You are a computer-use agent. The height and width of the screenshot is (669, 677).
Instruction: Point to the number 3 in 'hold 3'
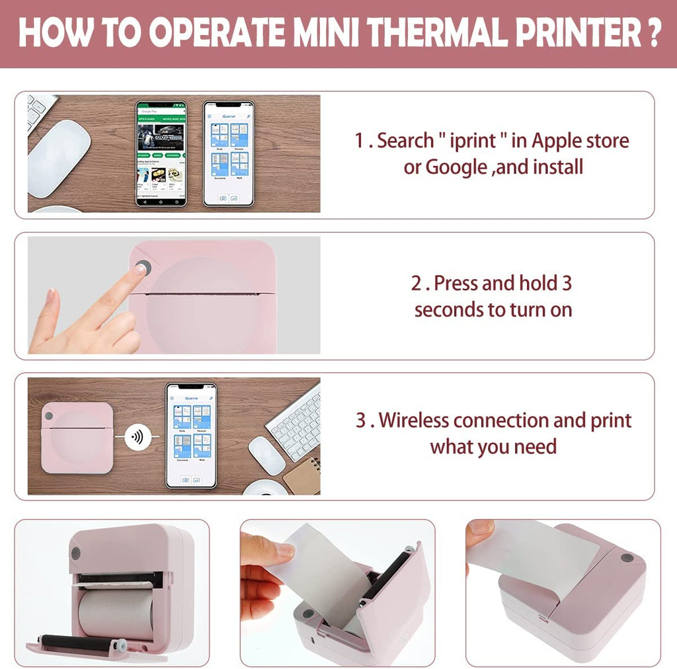click(x=566, y=284)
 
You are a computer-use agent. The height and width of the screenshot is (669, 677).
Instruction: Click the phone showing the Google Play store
click(x=161, y=153)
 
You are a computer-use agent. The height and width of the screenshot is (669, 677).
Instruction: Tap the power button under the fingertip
click(x=141, y=268)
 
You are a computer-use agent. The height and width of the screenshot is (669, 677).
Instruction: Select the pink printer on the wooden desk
click(x=77, y=437)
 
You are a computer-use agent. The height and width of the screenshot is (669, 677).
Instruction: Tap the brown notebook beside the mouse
click(x=303, y=475)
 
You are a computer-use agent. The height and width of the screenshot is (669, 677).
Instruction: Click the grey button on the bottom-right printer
click(x=625, y=558)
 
